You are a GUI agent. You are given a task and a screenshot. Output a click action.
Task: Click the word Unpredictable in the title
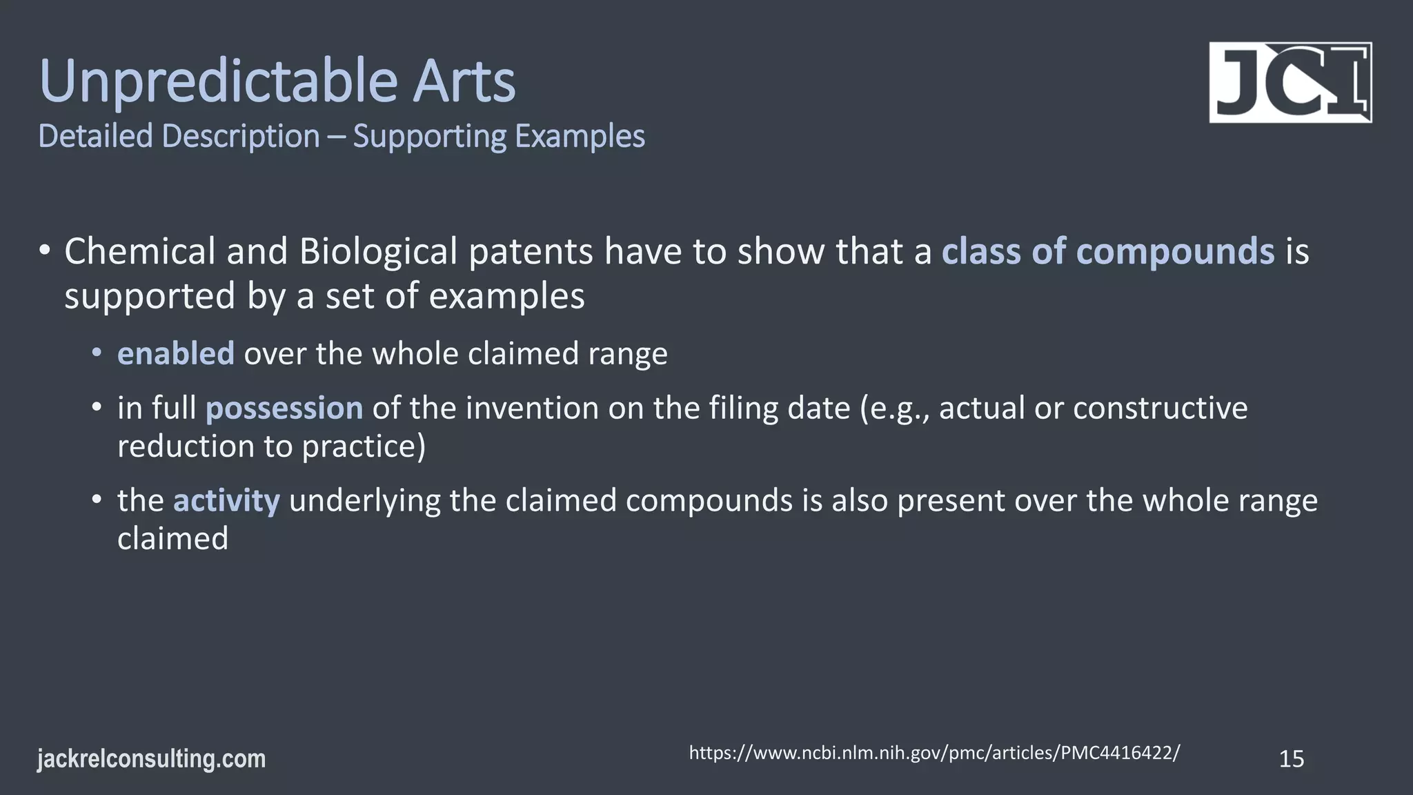[x=218, y=83]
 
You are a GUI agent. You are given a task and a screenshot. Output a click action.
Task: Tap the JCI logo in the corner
[x=1290, y=83]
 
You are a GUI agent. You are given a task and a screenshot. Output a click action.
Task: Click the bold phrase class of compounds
[x=1107, y=251]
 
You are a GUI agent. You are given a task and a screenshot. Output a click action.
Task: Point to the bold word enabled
[x=176, y=353]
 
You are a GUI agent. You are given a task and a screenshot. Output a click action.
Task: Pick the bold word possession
[x=284, y=408]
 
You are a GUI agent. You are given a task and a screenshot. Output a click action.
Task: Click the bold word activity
[x=226, y=500]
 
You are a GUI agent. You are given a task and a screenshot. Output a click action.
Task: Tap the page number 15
[x=1291, y=759]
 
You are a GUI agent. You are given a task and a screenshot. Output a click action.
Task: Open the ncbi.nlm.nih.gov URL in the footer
[x=934, y=753]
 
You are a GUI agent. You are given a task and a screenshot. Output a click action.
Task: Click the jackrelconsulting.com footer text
[x=151, y=759]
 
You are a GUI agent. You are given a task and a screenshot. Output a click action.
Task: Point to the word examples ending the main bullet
[x=506, y=297]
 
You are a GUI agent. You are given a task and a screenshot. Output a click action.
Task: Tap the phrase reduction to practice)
[x=271, y=446]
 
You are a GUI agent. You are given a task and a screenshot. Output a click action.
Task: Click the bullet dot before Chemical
[x=44, y=250]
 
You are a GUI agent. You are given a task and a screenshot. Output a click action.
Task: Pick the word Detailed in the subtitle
[x=95, y=137]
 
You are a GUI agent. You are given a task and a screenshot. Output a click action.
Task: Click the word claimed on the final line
[x=172, y=538]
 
